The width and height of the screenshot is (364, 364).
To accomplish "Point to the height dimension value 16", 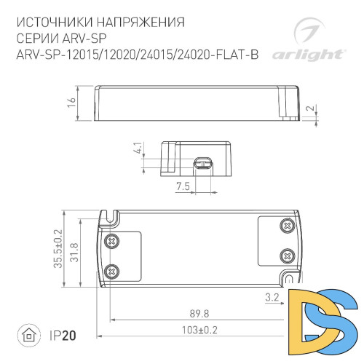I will pos(71,103).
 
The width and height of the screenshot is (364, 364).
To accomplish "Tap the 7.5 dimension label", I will pos(183,186).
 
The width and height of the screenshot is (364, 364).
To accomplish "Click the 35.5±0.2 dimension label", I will pos(58,250).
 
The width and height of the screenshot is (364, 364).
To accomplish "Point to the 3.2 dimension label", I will pos(271,296).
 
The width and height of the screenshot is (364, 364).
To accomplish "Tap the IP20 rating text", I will pos(62,336).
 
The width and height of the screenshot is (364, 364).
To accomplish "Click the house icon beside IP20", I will pos(28,336).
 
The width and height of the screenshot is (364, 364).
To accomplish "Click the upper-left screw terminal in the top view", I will pos(112,240).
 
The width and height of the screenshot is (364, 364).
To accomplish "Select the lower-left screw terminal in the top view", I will pos(112,270).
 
